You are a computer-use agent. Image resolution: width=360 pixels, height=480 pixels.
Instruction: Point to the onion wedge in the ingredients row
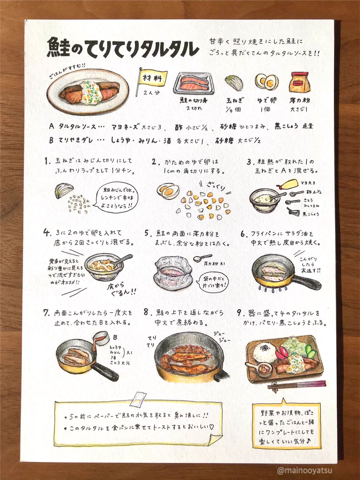(234, 83)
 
